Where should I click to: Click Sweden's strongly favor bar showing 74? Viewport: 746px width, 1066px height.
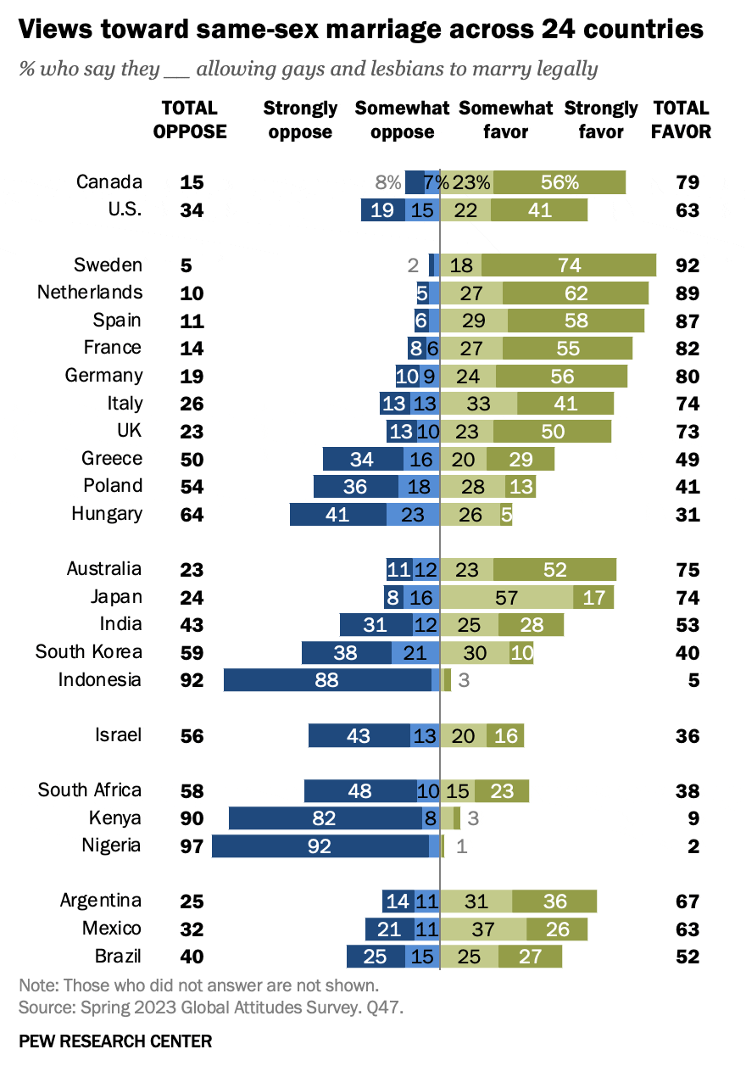pyautogui.click(x=569, y=265)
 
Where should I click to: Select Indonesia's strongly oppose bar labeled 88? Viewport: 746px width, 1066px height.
pyautogui.click(x=327, y=679)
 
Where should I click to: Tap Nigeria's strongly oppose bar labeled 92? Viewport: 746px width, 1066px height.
pyautogui.click(x=320, y=846)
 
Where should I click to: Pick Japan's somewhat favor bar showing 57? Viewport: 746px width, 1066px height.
pyautogui.click(x=507, y=597)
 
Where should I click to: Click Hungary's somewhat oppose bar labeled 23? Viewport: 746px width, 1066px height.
pyautogui.click(x=413, y=514)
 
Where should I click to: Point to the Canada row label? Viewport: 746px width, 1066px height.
pyautogui.click(x=109, y=181)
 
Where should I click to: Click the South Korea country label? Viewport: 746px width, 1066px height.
pyautogui.click(x=89, y=651)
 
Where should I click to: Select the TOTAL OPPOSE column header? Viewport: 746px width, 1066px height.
pyautogui.click(x=190, y=120)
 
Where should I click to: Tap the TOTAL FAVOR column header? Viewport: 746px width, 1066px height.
pyautogui.click(x=682, y=120)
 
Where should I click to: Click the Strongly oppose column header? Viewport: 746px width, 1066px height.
pyautogui.click(x=300, y=120)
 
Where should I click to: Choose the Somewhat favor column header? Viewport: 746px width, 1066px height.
pyautogui.click(x=505, y=120)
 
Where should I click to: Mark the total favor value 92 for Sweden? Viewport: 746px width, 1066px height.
pyautogui.click(x=688, y=265)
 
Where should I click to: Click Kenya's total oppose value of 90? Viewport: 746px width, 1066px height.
pyautogui.click(x=192, y=818)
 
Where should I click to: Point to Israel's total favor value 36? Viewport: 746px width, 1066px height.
pyautogui.click(x=688, y=736)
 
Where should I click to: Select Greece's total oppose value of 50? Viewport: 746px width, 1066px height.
pyautogui.click(x=192, y=459)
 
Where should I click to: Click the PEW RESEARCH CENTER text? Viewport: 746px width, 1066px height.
pyautogui.click(x=115, y=1041)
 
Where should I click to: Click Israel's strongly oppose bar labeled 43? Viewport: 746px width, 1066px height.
pyautogui.click(x=359, y=735)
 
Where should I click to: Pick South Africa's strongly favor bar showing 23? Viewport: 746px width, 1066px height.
pyautogui.click(x=502, y=790)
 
